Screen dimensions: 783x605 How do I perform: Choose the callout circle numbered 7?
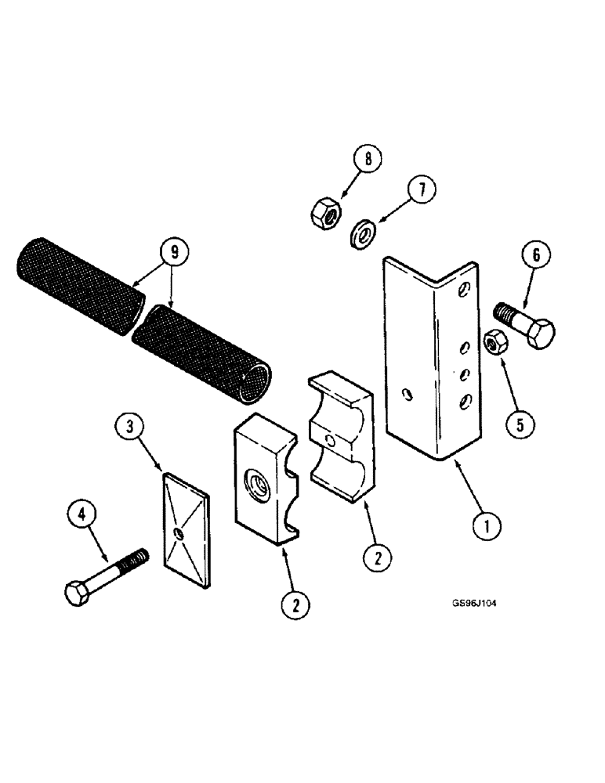click(x=422, y=190)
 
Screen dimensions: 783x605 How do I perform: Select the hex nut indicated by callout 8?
click(x=324, y=211)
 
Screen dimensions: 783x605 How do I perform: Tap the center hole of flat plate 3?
click(x=179, y=534)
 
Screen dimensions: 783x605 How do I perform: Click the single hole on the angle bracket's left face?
click(x=406, y=395)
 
